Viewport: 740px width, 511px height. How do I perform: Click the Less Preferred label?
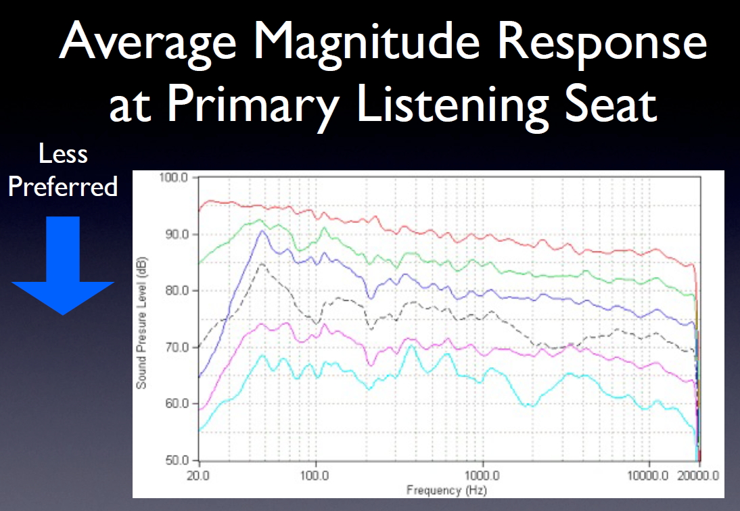coord(63,170)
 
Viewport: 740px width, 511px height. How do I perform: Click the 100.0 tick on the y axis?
coord(174,178)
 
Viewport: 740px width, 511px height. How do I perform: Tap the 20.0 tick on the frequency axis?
coord(198,475)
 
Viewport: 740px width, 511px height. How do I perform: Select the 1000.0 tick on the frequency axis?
coord(482,475)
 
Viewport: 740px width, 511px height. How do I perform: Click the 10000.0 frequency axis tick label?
coord(647,475)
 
